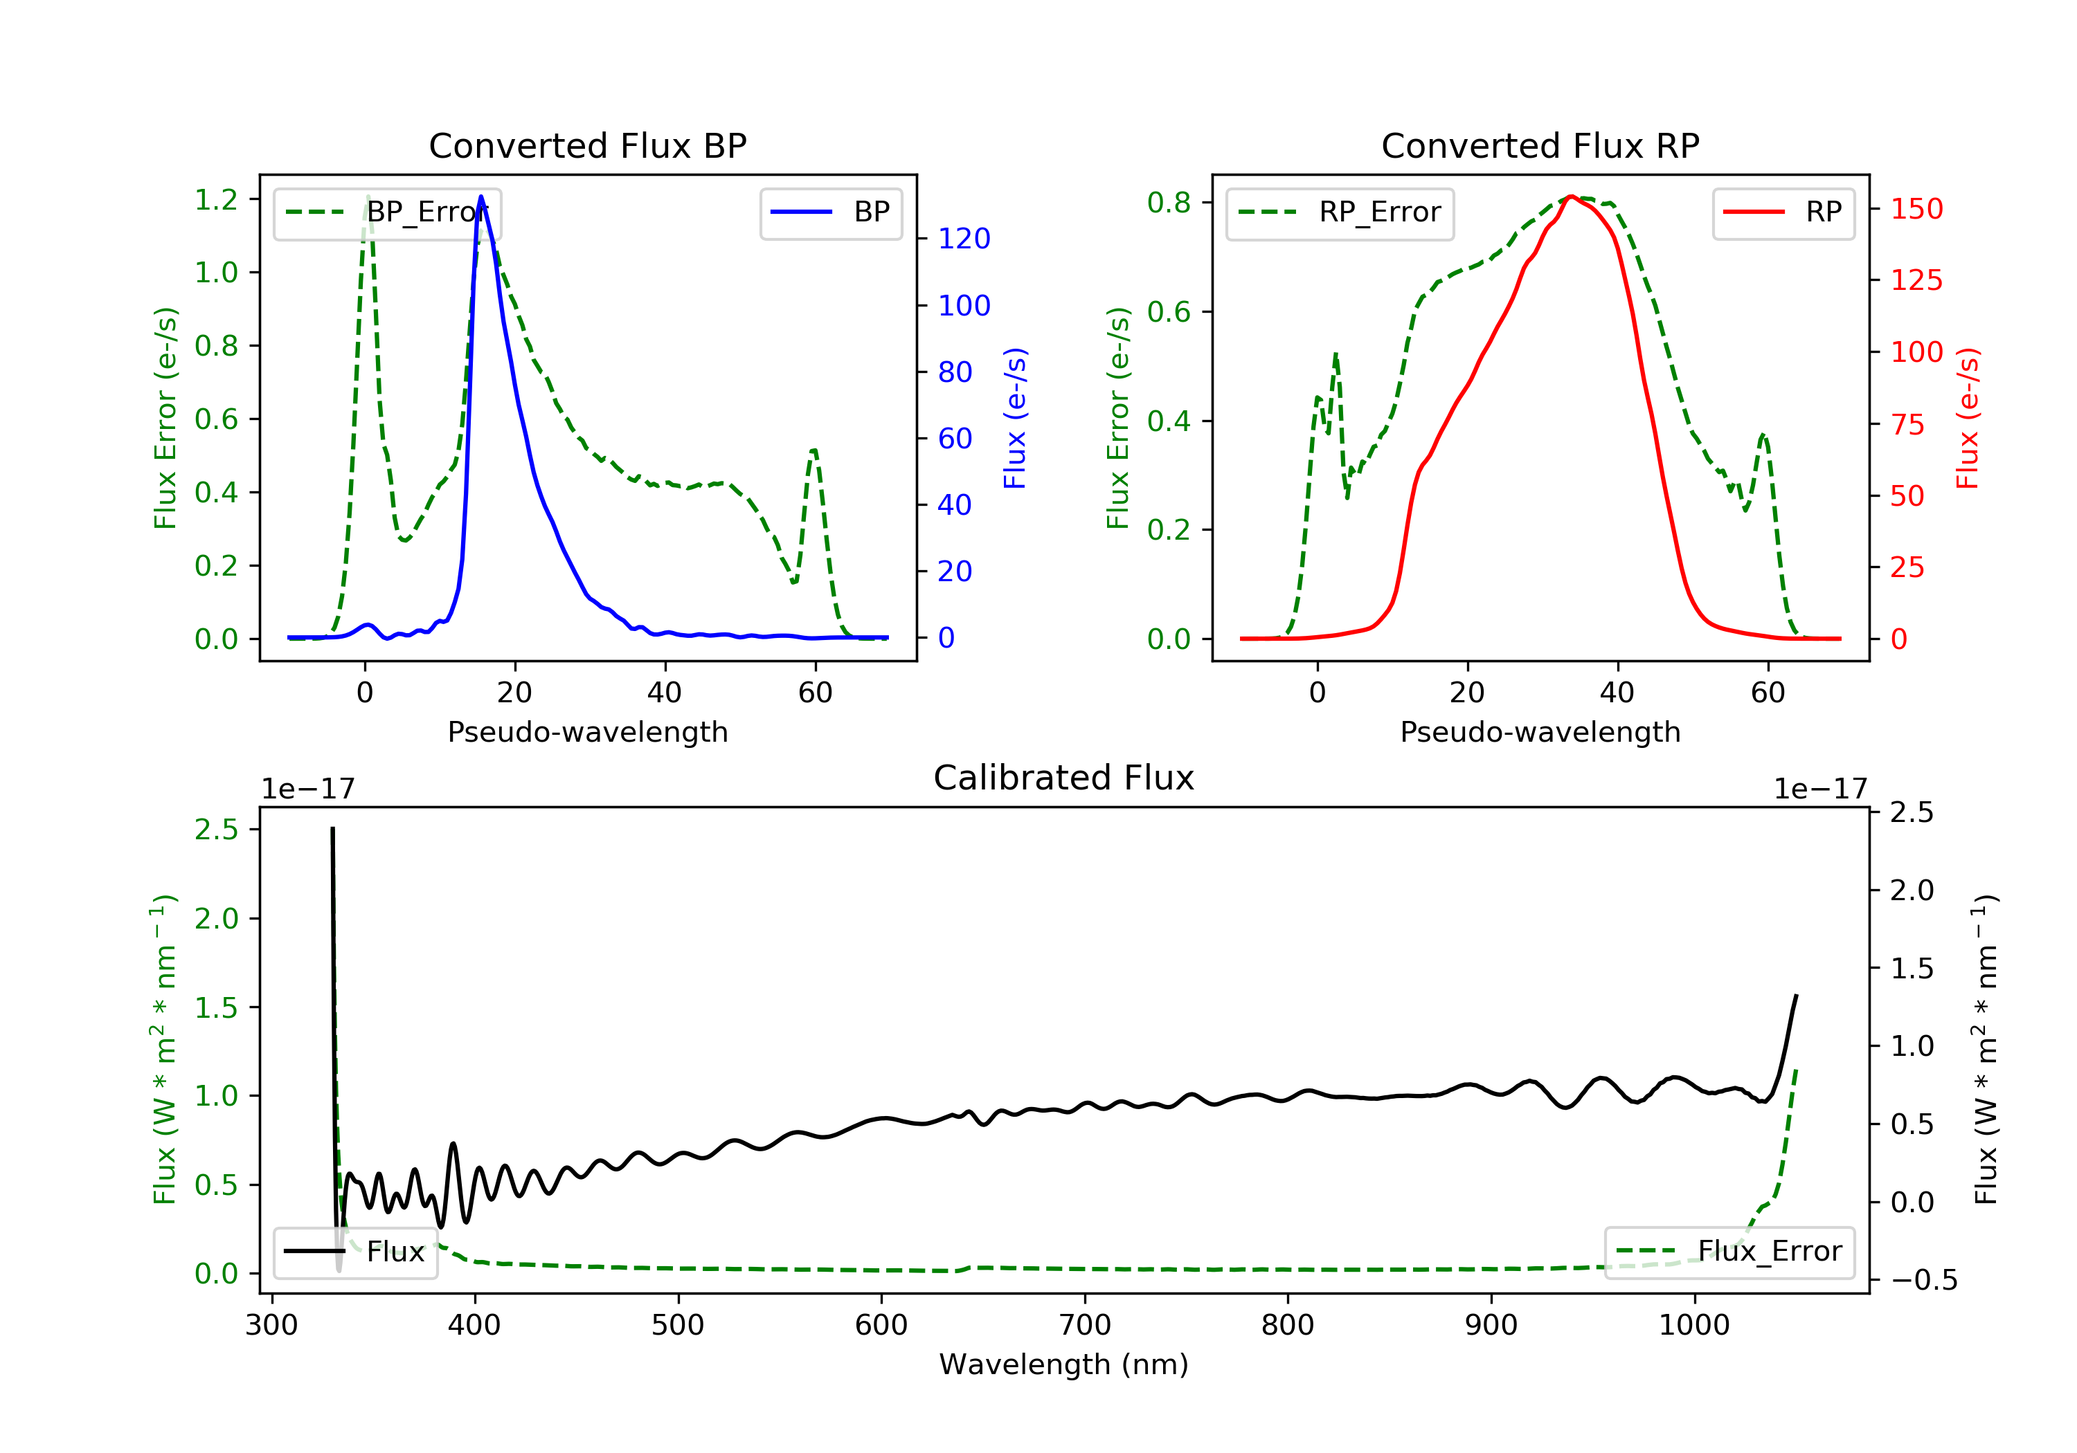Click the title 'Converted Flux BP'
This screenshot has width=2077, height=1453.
point(587,145)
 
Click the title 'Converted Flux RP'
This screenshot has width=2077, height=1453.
point(1540,145)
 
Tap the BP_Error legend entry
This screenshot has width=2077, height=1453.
point(387,212)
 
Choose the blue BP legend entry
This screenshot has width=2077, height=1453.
point(830,212)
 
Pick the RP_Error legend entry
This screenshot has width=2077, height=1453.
point(1340,212)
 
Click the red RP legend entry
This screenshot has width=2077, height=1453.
point(1783,212)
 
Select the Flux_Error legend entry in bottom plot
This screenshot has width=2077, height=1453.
point(1729,1252)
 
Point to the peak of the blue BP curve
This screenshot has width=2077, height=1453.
point(480,197)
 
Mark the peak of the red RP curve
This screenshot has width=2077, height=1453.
point(1572,197)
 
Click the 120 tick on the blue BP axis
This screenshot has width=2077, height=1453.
point(964,239)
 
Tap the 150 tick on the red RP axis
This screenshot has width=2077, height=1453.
point(1916,209)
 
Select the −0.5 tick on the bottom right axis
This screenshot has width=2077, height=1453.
point(1923,1280)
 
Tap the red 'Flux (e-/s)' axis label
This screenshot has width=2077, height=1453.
point(1968,418)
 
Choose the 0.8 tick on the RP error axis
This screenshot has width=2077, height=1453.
point(1169,203)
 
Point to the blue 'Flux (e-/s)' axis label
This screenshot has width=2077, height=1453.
point(1015,418)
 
